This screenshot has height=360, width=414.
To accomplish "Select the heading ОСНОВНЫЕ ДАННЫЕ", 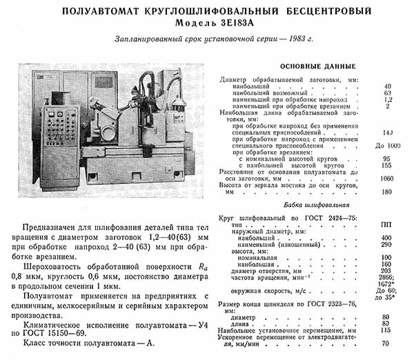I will point(317,66).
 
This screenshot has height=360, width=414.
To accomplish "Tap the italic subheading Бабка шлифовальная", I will point(314,205).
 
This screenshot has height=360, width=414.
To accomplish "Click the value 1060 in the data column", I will point(388,177).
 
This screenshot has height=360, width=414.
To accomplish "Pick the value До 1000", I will point(388,146).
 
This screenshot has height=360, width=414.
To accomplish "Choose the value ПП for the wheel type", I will point(388,226).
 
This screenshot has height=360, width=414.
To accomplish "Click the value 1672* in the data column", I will point(388,283).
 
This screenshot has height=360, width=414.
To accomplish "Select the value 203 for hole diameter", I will point(388,270).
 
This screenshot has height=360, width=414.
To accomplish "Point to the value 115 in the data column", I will point(388,331).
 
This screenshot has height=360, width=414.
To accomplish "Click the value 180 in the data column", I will point(388,192).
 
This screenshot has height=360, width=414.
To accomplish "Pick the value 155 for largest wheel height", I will point(388,166).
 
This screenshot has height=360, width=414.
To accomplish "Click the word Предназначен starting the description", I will point(54,227).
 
